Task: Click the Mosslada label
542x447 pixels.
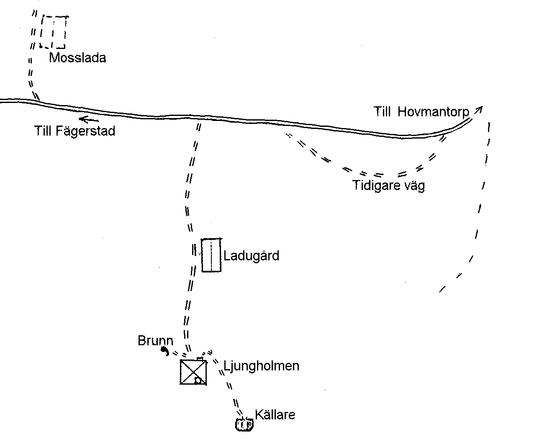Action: click(77, 58)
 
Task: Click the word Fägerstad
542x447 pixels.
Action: click(85, 131)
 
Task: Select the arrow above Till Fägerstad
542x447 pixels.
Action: click(89, 120)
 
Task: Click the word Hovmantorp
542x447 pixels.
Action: click(433, 112)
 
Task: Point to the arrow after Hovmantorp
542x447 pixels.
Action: click(478, 110)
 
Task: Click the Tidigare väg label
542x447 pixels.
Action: click(388, 186)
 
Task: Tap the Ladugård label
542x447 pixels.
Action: click(251, 256)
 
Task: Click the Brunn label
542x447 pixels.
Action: click(155, 341)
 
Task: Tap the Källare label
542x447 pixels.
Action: click(275, 414)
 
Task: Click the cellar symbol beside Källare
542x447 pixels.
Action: click(244, 425)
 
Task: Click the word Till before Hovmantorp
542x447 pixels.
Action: click(382, 112)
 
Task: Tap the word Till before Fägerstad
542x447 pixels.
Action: click(43, 131)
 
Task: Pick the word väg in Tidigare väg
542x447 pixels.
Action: click(414, 186)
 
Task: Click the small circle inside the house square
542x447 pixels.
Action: click(198, 380)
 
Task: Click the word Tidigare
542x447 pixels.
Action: click(376, 186)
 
